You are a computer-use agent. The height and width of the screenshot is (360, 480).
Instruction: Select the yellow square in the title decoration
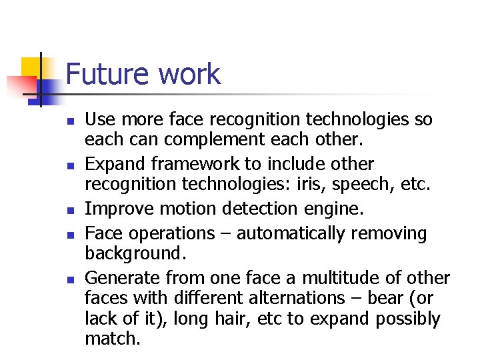[x=31, y=67]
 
